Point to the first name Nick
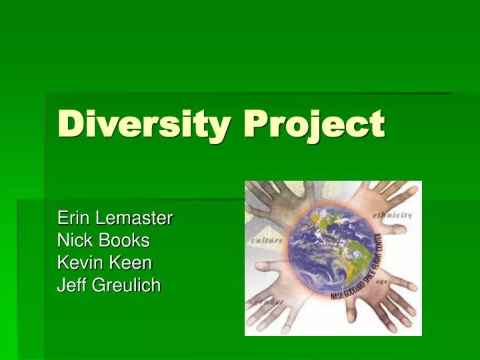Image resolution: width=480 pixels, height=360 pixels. [72, 240]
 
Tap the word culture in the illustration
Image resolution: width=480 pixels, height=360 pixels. [267, 238]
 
